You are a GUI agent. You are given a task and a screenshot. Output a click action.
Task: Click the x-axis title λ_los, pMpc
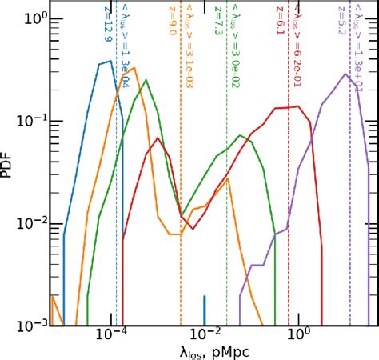(205, 350)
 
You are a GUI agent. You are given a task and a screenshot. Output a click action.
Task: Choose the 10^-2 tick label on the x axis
(205, 336)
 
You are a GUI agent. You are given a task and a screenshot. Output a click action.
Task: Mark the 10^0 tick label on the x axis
(297, 336)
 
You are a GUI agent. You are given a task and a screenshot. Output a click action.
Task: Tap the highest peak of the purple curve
(344, 74)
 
